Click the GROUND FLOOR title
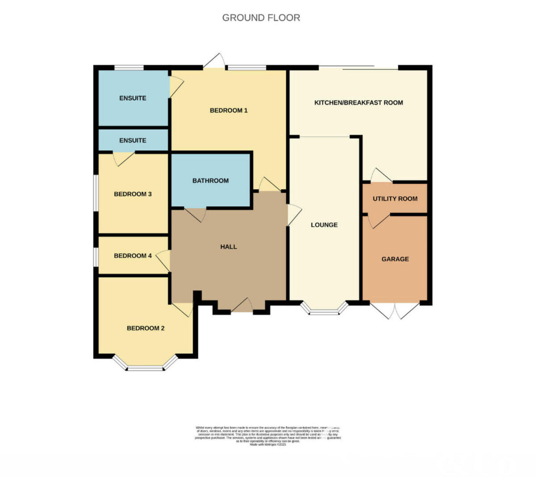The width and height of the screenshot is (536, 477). point(261,18)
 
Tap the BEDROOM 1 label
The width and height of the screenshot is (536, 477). point(229,110)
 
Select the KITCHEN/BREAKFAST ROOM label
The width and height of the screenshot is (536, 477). point(359,103)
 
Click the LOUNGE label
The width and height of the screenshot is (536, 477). point(324,225)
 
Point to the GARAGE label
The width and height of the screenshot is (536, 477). point(395,259)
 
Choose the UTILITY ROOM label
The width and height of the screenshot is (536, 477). point(395,199)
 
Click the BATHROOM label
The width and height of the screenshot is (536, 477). point(210,181)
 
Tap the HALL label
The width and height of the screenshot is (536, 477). point(228,247)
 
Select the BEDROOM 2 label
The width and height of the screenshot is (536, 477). point(146,328)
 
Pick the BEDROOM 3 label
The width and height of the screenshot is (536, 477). point(133,194)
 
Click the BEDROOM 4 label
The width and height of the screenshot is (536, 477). point(133,256)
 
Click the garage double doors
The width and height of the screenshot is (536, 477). point(395,310)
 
